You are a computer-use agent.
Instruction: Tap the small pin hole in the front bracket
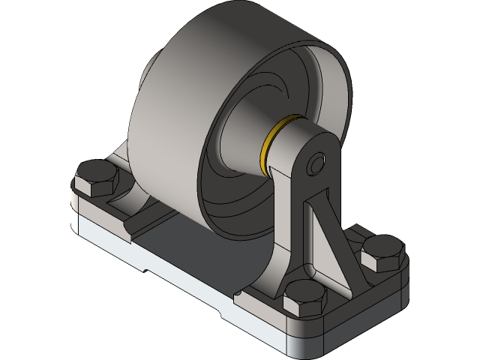[x=318, y=161]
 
